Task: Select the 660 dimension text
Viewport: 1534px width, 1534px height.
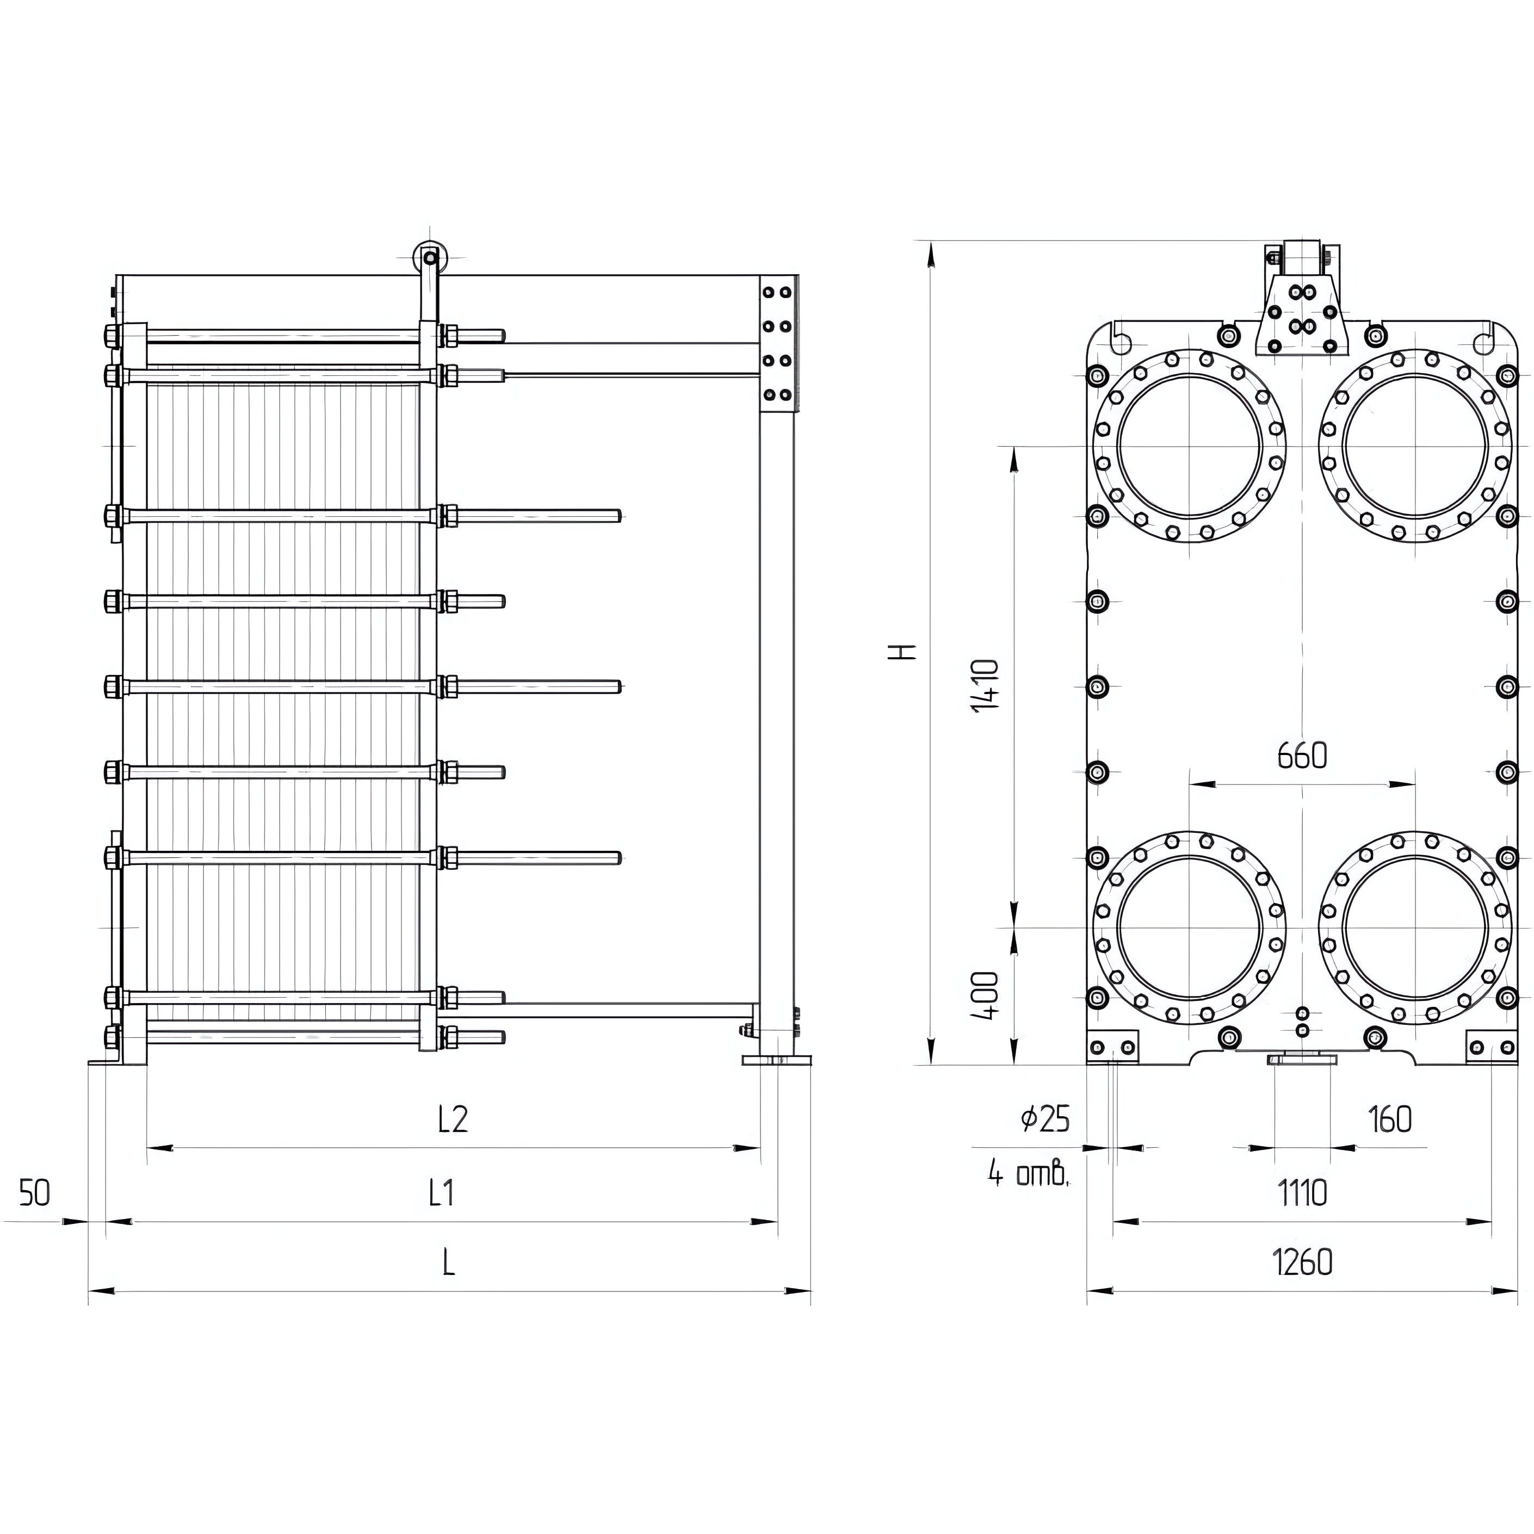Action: pos(1302,756)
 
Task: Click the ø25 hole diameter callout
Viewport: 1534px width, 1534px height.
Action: pos(1045,1119)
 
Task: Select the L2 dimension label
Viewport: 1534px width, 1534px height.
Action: pos(453,1119)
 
